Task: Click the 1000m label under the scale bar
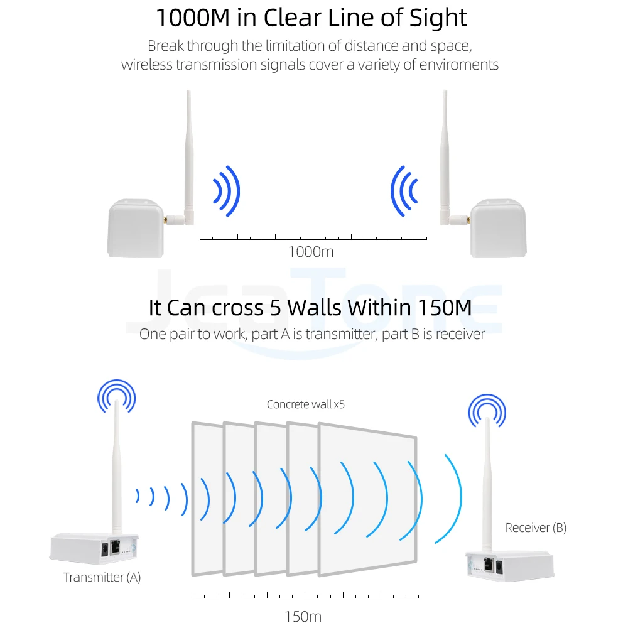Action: [310, 252]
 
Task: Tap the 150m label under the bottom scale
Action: [303, 616]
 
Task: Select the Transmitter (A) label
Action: [102, 577]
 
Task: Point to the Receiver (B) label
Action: [536, 528]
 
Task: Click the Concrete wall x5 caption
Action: [306, 404]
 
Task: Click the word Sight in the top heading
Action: [443, 18]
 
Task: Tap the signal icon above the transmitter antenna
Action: [116, 395]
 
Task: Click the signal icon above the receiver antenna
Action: [486, 412]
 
